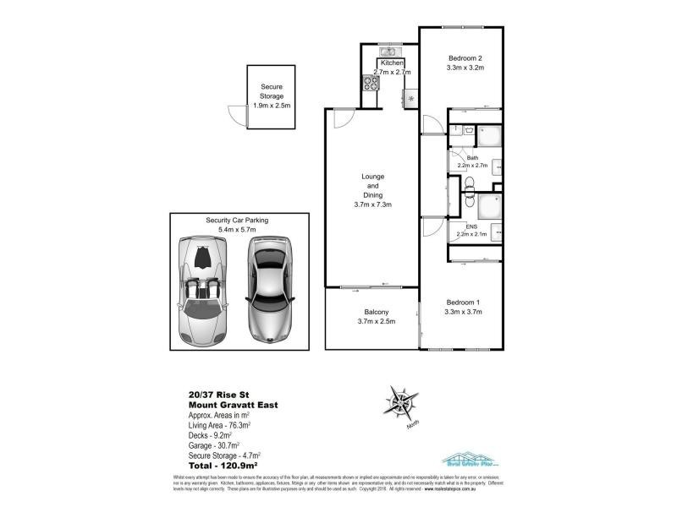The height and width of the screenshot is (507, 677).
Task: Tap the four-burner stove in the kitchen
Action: [x=371, y=82]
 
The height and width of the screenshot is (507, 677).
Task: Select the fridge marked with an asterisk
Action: [x=411, y=98]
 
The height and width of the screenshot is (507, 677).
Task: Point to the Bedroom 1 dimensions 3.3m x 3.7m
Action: [x=463, y=312]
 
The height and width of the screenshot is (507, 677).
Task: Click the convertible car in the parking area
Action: [x=201, y=290]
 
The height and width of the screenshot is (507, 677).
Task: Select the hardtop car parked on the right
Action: [x=267, y=289]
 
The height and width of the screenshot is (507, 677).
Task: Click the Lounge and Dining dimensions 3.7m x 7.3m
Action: [x=372, y=204]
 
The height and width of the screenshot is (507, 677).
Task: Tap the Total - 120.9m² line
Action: [x=223, y=464]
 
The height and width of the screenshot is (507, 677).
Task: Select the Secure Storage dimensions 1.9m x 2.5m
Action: [x=272, y=106]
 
